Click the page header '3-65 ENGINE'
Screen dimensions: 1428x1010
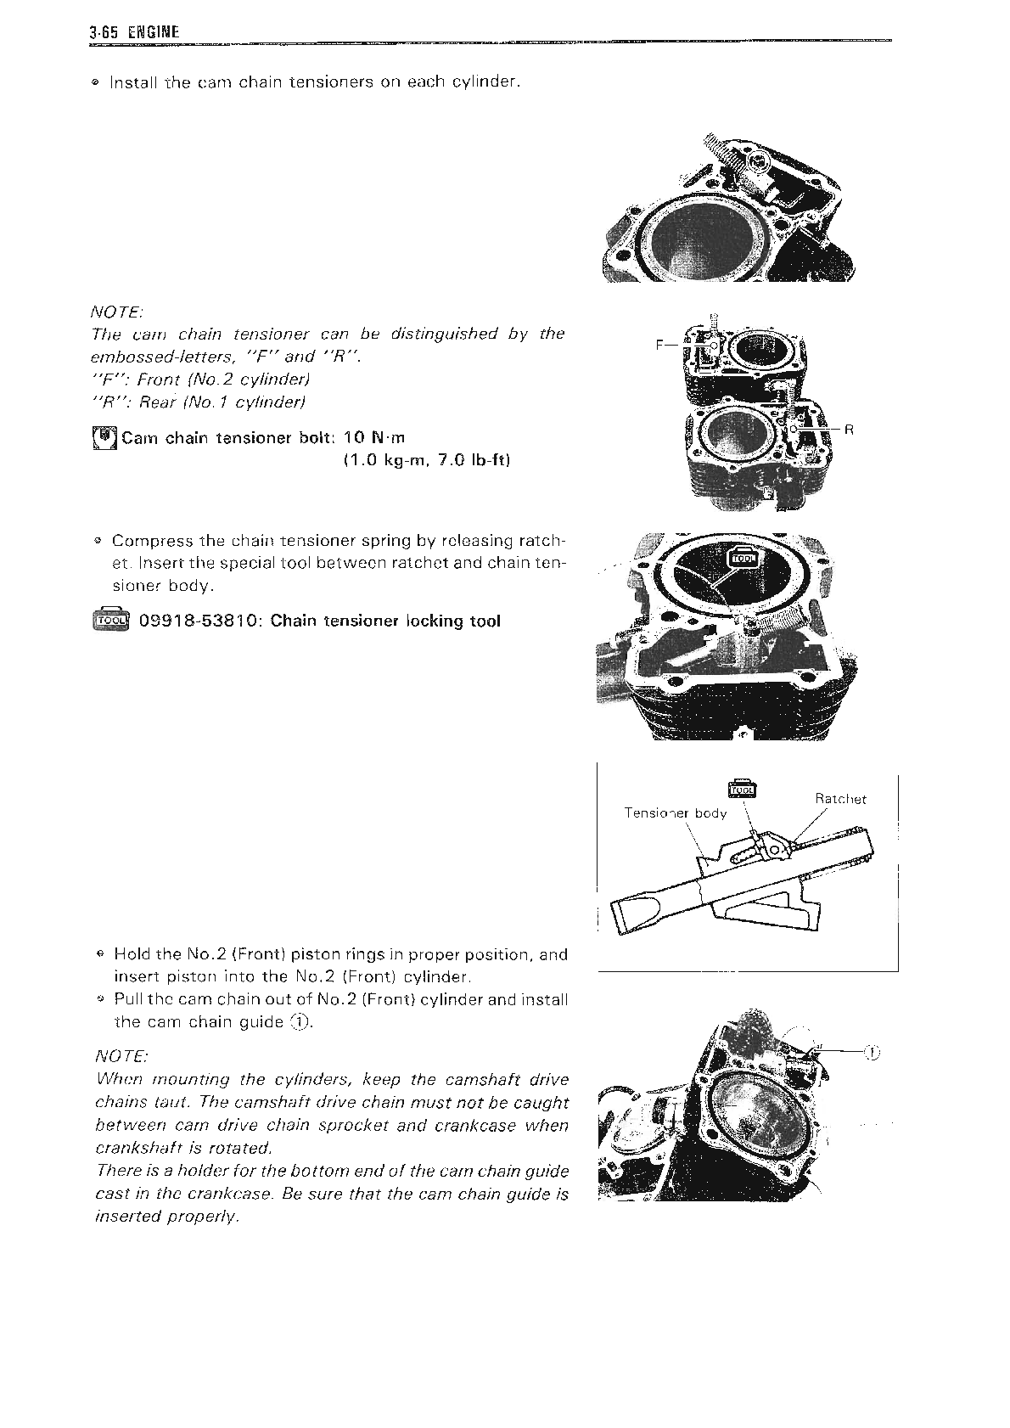click(x=134, y=33)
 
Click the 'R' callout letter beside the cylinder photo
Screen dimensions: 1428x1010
click(x=848, y=430)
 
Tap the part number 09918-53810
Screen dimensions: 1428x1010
click(x=199, y=621)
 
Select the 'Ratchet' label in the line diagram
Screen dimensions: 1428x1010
click(x=840, y=799)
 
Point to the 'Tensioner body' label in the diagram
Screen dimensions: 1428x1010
click(x=675, y=813)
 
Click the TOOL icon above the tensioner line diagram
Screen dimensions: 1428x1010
click(x=743, y=787)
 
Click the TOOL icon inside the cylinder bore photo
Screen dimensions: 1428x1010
click(x=743, y=557)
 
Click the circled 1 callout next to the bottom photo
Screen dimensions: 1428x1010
click(x=873, y=1054)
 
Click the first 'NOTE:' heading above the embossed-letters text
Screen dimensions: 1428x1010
click(x=117, y=312)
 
